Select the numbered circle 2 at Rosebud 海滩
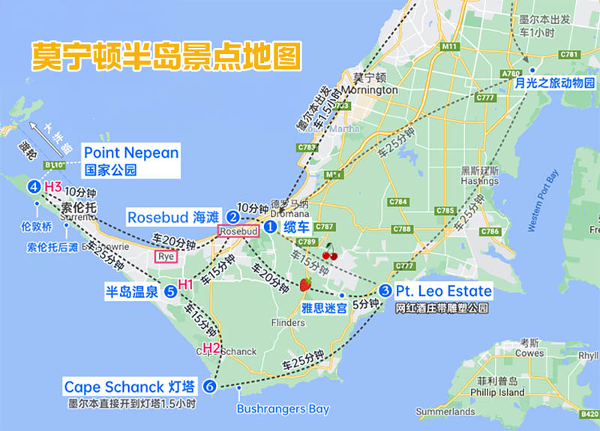pyautogui.click(x=233, y=217)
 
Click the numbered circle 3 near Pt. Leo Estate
pyautogui.click(x=385, y=291)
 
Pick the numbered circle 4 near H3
pyautogui.click(x=34, y=186)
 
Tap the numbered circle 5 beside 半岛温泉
pyautogui.click(x=170, y=291)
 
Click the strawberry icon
pyautogui.click(x=305, y=284)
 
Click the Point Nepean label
pyautogui.click(x=131, y=153)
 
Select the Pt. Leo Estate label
pyautogui.click(x=443, y=291)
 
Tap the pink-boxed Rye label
pyautogui.click(x=166, y=256)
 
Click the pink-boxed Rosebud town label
pyautogui.click(x=238, y=232)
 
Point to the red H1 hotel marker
pyautogui.click(x=185, y=285)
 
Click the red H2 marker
pyautogui.click(x=211, y=348)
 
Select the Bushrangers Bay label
pyautogui.click(x=283, y=409)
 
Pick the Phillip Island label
pyautogui.click(x=496, y=392)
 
